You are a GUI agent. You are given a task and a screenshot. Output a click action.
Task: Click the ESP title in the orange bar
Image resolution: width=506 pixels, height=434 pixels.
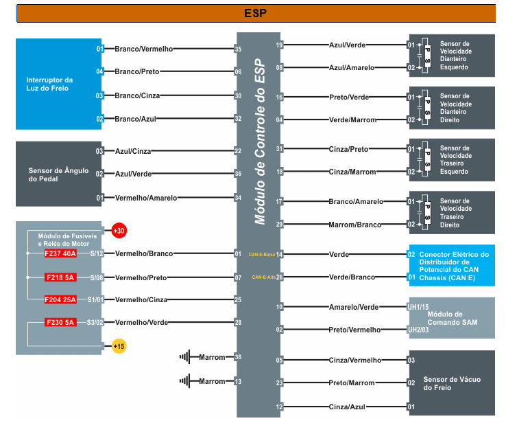coord(255,13)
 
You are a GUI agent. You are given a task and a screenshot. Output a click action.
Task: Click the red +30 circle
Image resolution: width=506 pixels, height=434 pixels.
coord(119,231)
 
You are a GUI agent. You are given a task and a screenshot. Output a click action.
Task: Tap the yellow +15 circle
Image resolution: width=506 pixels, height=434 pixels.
coord(119,346)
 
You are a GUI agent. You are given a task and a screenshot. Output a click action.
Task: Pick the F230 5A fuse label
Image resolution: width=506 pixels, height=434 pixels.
coord(60,322)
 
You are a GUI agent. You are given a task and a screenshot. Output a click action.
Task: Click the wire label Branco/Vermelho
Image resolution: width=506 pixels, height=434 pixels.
coord(144,49)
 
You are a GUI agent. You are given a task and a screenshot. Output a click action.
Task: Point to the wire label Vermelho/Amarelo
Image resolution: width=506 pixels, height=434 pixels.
coord(145,198)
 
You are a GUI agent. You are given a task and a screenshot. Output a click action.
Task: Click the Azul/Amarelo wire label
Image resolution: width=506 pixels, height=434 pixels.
coord(352,68)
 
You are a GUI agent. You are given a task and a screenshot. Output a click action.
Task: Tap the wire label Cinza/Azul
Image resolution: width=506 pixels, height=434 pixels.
coord(346,407)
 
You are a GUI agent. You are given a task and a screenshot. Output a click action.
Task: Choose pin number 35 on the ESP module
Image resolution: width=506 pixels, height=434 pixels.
coord(238,49)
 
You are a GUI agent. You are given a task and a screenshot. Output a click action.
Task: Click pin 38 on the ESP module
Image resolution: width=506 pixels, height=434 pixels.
coord(238,357)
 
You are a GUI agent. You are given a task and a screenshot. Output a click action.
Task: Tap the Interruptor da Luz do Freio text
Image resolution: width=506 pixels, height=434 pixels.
coord(49,84)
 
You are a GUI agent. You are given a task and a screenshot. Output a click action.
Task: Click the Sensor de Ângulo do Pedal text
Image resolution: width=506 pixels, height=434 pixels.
coord(58,174)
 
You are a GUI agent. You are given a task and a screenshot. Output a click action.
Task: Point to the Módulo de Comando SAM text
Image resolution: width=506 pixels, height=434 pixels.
coord(451,318)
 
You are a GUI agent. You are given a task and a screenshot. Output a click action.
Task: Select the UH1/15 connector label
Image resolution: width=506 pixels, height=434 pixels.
coord(418,307)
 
